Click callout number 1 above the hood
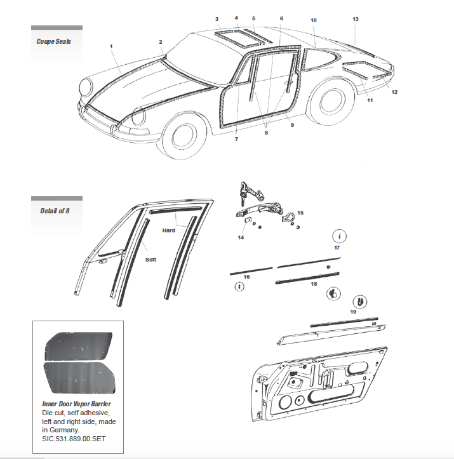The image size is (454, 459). pos(110,46)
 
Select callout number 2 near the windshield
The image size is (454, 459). pos(161,42)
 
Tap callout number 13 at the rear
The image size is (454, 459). pos(356,19)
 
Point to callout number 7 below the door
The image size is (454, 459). pos(236,139)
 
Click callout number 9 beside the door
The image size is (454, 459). pos(292,126)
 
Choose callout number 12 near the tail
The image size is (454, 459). pos(394,92)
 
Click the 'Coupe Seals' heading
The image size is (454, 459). pos(54,42)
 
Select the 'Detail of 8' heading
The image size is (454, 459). pos(54,211)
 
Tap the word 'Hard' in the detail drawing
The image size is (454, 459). pos(168,230)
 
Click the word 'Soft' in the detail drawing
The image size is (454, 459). pos(150,259)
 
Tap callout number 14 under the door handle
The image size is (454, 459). pos(241,237)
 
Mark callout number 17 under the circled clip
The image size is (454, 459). pos(337,248)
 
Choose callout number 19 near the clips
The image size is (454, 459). pos(353,311)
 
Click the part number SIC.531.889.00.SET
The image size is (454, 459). pos(65,438)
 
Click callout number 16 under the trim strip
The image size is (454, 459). pos(246,277)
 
